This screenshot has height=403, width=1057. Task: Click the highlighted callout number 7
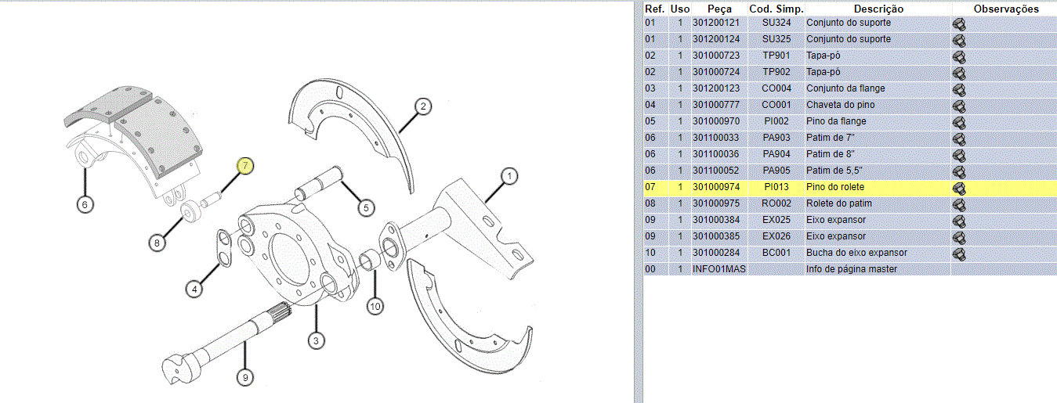(x=245, y=165)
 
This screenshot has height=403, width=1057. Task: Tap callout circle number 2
(x=423, y=106)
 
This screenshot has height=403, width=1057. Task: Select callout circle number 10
(x=375, y=307)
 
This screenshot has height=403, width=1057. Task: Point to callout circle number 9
(x=245, y=377)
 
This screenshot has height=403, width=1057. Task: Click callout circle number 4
(x=194, y=289)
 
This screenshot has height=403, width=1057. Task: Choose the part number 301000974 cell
(x=716, y=187)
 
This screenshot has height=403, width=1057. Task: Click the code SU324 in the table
(x=776, y=23)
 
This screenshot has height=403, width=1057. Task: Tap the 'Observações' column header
(x=1006, y=9)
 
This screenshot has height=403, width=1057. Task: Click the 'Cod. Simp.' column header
(x=776, y=9)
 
